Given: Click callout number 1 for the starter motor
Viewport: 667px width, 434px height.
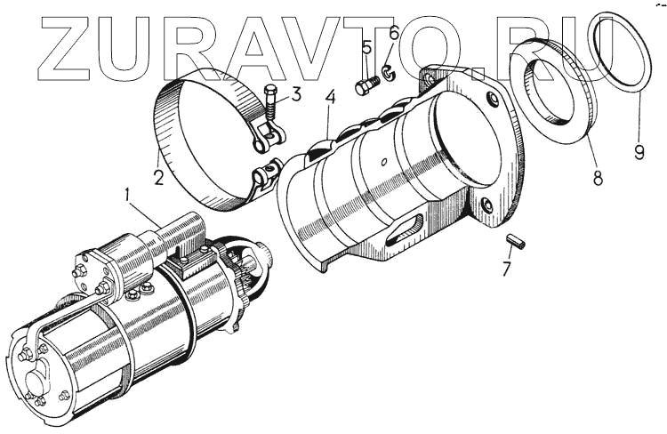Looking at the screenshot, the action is tap(127, 196).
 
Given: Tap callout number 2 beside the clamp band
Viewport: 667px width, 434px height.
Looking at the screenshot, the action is tap(158, 177).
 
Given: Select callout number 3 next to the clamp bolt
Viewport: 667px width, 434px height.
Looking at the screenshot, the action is tap(295, 94).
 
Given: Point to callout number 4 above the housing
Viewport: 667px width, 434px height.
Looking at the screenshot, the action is tap(331, 98).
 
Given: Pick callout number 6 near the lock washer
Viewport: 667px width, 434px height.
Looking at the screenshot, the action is tap(393, 33).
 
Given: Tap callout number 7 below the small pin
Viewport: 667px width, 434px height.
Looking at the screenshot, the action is tap(506, 269).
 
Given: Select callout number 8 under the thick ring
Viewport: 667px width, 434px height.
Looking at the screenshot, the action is tap(598, 177).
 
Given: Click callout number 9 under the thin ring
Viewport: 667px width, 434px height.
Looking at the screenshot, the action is tap(639, 152).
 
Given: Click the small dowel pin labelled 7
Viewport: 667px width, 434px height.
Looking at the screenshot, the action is tap(517, 241).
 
